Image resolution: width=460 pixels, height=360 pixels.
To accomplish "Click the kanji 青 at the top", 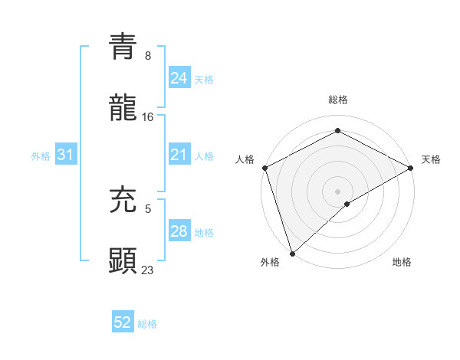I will pos(123,47).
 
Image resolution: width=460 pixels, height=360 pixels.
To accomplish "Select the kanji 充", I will pos(123,199).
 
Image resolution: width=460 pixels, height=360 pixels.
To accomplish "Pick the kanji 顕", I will pos(123,260).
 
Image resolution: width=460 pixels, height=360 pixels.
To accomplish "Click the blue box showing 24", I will pos(179,77).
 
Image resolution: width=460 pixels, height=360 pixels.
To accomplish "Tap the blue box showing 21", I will pos(179,155).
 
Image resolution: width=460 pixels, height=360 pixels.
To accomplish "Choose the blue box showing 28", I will pos(179,231).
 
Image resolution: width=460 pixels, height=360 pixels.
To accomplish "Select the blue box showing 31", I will pos(66,155).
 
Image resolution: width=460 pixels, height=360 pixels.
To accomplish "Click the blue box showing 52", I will pos(123,322).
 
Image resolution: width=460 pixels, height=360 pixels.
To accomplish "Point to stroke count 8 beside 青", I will pos(148,56).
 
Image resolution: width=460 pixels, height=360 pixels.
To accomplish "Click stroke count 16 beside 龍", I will pos(148,116).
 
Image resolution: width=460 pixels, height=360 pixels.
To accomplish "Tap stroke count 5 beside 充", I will pos(148,208).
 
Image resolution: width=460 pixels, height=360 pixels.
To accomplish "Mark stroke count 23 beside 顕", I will pos(148,270).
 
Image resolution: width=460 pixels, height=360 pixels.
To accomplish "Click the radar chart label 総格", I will pos(338,100).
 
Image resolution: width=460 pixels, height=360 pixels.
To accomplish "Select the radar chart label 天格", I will pos(432,159).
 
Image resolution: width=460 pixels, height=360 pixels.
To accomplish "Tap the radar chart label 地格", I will pos(402,262).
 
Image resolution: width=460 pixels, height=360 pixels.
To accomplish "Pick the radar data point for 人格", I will pos(264,168).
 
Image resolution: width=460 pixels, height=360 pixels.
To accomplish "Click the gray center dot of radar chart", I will pos(337,191).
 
